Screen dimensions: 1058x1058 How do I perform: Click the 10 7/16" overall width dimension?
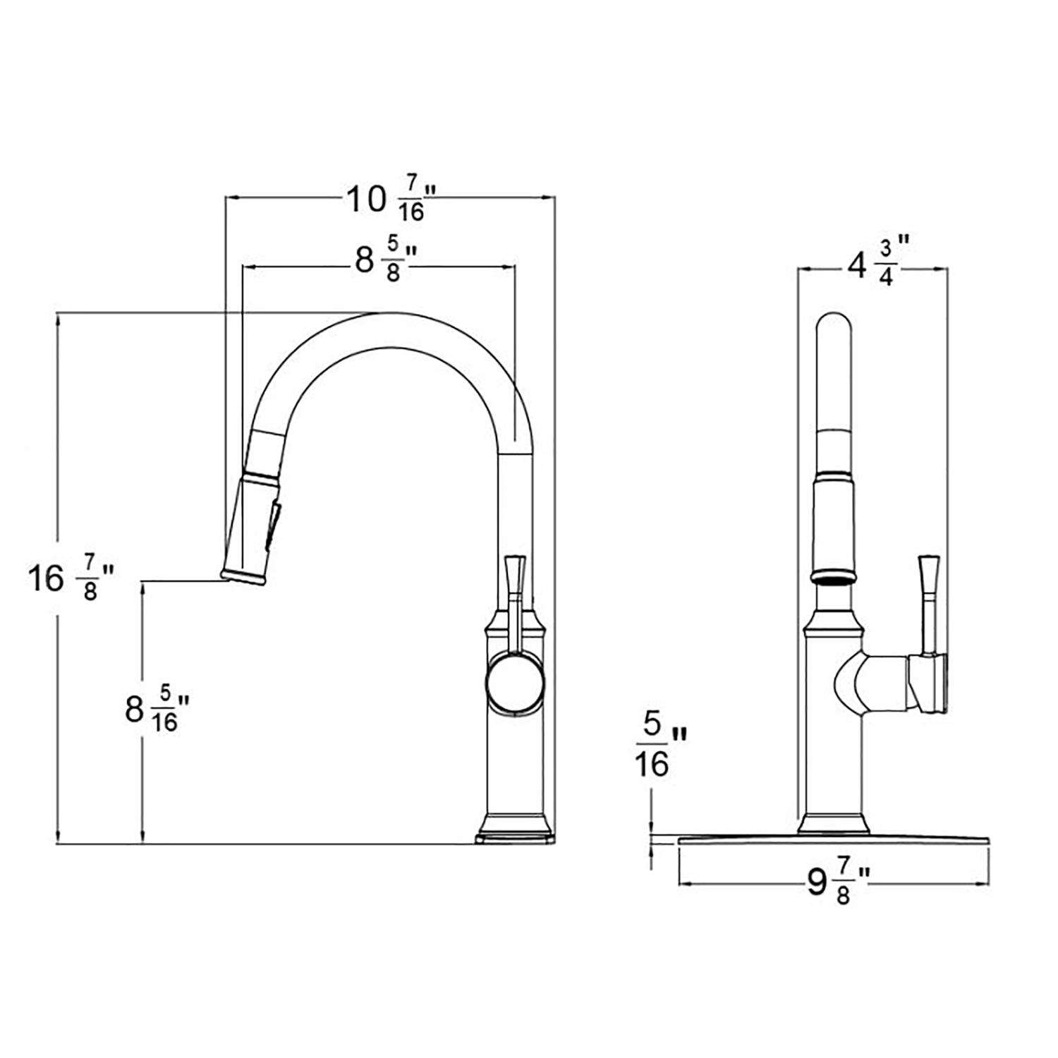[389, 200]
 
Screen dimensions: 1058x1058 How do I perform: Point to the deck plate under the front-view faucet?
[832, 840]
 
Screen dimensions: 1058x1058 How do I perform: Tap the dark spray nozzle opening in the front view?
[837, 579]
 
